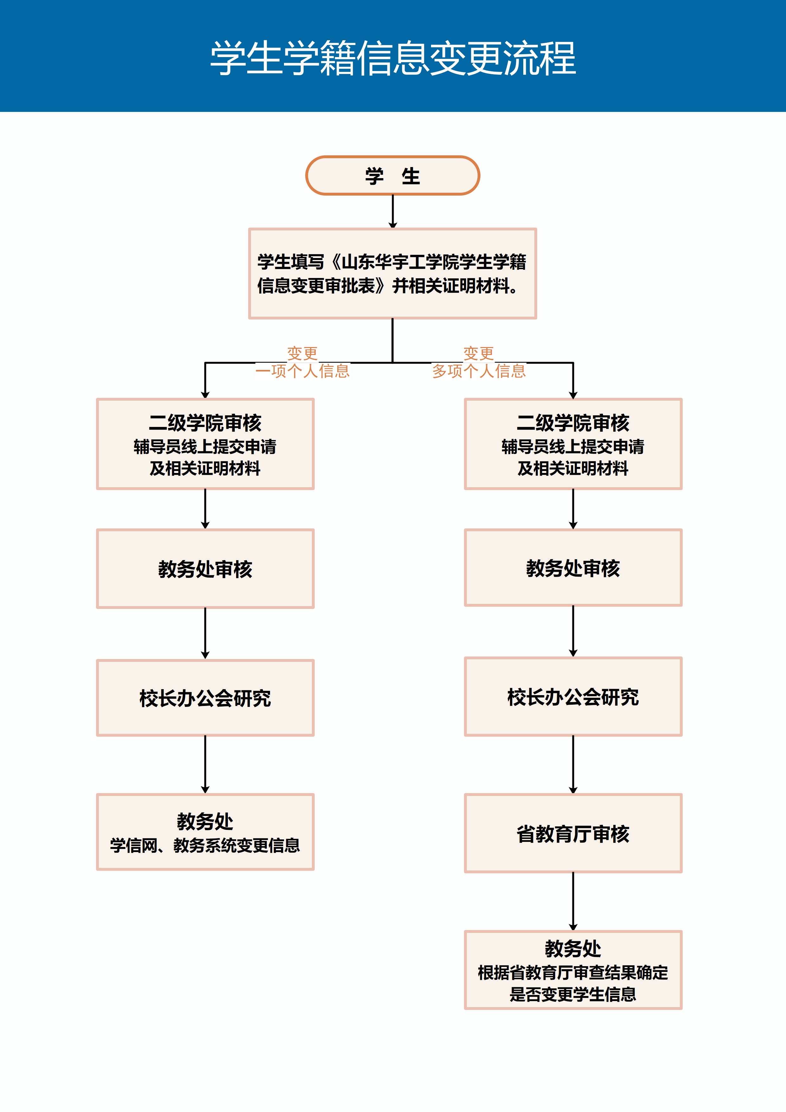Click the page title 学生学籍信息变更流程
click(x=393, y=58)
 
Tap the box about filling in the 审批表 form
click(x=392, y=274)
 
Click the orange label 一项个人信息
click(x=303, y=371)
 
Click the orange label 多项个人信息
click(x=479, y=371)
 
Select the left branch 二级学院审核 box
click(x=205, y=444)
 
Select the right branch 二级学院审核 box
click(x=573, y=444)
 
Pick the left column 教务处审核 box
click(x=205, y=569)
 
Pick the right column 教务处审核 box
click(x=573, y=568)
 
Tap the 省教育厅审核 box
click(x=573, y=833)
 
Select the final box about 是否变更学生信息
click(x=573, y=970)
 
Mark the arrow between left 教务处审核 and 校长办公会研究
click(x=205, y=633)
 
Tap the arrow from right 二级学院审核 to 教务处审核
click(x=573, y=508)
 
